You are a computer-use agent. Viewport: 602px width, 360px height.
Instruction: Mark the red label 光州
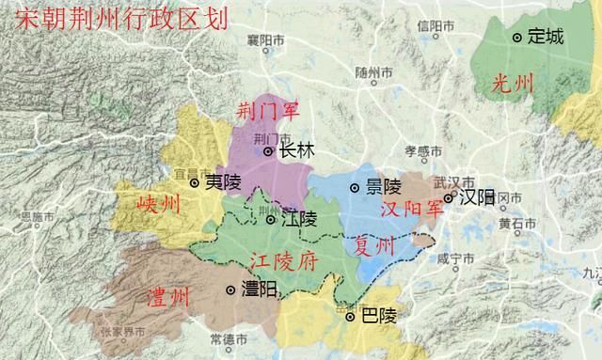[512, 84]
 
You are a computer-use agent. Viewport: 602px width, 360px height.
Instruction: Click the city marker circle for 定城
[517, 38]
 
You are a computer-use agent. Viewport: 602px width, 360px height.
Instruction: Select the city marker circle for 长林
[268, 150]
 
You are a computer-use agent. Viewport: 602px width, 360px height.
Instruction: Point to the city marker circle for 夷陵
[195, 183]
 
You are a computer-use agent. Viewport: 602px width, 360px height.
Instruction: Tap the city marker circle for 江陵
[271, 220]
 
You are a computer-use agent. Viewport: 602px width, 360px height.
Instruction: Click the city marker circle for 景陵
[354, 188]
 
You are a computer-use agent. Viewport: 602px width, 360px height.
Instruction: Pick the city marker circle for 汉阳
[449, 198]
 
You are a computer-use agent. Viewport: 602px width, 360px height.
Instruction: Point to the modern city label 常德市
[230, 338]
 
